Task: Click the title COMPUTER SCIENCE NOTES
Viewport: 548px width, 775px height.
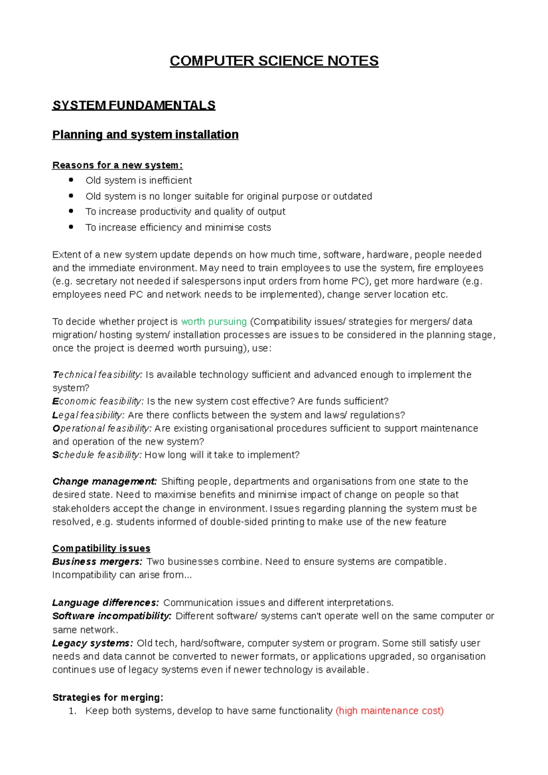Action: [x=274, y=61]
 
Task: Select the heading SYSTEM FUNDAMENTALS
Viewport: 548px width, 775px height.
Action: [x=134, y=105]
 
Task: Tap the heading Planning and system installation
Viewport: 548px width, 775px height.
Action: [x=145, y=135]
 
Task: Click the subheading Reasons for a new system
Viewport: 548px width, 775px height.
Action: [x=117, y=165]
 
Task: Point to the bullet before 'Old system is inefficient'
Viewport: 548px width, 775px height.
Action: [x=71, y=180]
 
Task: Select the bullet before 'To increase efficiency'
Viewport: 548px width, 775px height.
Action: [x=71, y=227]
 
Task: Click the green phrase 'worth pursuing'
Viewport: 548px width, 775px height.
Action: [x=214, y=322]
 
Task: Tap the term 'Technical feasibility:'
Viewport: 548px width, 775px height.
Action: [x=97, y=375]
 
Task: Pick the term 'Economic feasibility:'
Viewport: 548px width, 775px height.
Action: [x=98, y=401]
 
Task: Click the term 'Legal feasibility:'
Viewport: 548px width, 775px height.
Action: [x=88, y=415]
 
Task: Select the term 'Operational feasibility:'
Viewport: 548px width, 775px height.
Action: [x=102, y=428]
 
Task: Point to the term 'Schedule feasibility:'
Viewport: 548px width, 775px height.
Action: [x=97, y=455]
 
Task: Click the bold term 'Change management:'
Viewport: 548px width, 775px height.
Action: [x=105, y=482]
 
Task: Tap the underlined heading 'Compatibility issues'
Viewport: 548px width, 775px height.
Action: [x=101, y=548]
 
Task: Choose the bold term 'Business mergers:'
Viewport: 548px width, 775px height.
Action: [x=97, y=562]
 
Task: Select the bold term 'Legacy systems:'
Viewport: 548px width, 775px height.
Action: [x=93, y=643]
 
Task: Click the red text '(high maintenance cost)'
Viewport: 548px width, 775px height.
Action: [x=390, y=711]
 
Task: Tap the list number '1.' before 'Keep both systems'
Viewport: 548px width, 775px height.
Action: [x=72, y=711]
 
